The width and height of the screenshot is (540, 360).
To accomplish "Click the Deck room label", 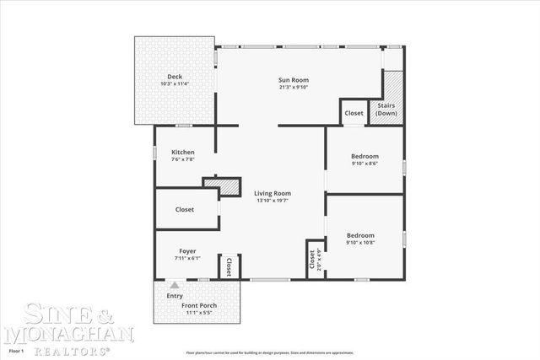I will pos(175,77).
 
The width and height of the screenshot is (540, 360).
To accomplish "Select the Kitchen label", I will pos(183,153).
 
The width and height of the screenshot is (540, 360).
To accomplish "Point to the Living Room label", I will pos(273,193).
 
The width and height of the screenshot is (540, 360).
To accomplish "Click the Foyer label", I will pos(187,251).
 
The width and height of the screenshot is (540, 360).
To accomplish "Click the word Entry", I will pos(175,296).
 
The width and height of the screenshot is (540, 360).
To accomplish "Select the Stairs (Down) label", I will pos(389,109).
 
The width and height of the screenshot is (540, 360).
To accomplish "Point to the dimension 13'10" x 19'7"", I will pos(273,201).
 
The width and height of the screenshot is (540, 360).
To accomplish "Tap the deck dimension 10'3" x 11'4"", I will pos(175,83).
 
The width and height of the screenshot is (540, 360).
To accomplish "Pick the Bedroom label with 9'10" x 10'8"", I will pos(360,235).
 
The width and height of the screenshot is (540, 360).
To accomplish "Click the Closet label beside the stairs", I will pos(354,112).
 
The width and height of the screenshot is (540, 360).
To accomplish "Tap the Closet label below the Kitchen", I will pos(185,209).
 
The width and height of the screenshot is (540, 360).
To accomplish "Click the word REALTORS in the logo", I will pos(69,349).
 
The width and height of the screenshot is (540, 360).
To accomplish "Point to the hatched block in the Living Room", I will pos(222,187).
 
